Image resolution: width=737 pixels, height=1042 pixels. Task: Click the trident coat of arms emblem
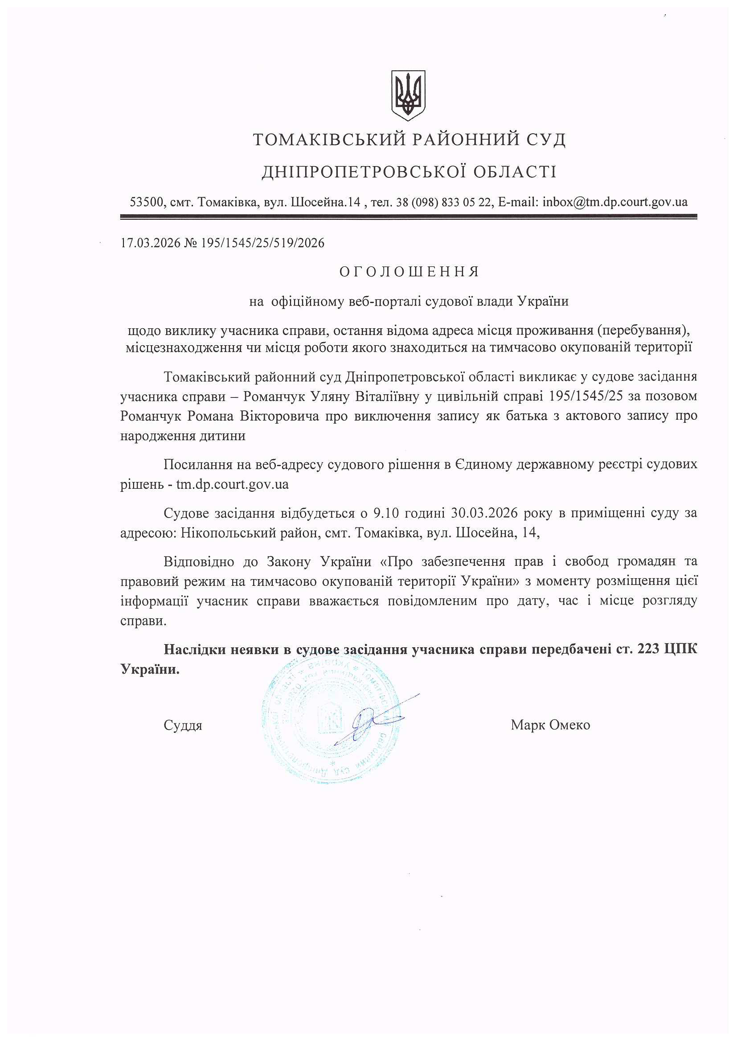tap(408, 95)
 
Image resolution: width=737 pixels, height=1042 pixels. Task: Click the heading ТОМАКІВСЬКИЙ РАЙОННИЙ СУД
tap(409, 139)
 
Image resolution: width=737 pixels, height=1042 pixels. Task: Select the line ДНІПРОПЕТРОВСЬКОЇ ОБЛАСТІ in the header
tap(409, 172)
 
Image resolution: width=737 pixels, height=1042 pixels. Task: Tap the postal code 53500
tap(147, 202)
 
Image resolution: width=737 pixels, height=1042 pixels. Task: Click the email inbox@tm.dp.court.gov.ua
tap(615, 202)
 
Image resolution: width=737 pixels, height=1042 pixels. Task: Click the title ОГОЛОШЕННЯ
tap(409, 272)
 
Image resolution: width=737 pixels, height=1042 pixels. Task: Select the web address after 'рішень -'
tap(232, 484)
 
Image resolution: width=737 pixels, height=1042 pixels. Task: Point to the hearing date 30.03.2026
tap(484, 513)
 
